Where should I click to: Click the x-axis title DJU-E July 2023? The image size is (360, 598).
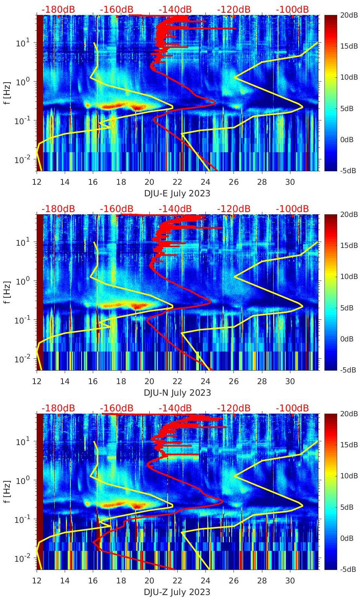177,193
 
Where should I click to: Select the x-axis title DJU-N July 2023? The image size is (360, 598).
177,393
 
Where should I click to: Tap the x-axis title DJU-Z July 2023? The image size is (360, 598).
177,592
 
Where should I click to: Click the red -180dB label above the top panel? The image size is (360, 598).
58,9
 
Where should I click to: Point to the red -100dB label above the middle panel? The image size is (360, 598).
292,209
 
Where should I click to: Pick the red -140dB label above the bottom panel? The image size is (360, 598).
175,408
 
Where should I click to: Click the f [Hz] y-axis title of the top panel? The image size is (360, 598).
7,93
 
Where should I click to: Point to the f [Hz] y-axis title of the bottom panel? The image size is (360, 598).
7,491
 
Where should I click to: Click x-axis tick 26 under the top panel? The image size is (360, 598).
234,182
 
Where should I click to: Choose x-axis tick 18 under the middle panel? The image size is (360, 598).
121,381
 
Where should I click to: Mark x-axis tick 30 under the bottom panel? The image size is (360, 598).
290,581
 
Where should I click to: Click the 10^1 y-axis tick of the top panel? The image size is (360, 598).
22,43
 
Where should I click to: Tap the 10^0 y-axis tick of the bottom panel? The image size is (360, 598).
22,480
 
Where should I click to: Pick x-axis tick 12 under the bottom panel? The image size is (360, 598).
37,581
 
